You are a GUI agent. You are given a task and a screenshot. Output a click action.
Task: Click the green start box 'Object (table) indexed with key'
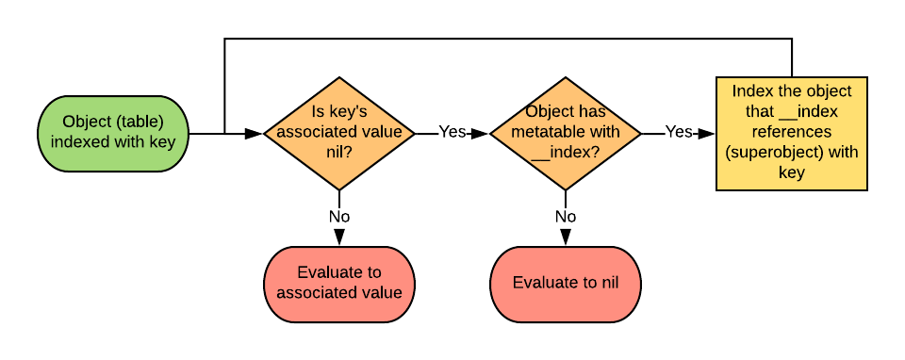pyautogui.click(x=113, y=133)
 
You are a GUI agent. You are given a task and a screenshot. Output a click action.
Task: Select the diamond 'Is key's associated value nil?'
pyautogui.click(x=339, y=133)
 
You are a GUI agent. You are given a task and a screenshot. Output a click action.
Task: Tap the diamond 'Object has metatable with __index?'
pyautogui.click(x=566, y=133)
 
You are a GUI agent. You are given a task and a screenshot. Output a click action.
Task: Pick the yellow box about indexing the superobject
pyautogui.click(x=792, y=133)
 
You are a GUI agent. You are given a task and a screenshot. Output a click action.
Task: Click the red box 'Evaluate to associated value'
pyautogui.click(x=339, y=284)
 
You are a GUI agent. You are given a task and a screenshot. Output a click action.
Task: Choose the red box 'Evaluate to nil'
pyautogui.click(x=566, y=284)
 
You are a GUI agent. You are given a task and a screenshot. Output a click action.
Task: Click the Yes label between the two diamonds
pyautogui.click(x=452, y=132)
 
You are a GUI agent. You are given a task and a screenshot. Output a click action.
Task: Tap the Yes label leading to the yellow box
pyautogui.click(x=678, y=132)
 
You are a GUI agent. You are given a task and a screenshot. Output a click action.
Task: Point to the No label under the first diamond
pyautogui.click(x=339, y=217)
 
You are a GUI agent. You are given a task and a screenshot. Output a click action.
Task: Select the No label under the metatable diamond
pyautogui.click(x=566, y=217)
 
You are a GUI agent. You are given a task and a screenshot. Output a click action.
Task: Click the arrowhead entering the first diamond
pyautogui.click(x=254, y=134)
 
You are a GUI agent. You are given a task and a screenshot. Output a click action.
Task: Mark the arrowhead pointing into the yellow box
pyautogui.click(x=706, y=134)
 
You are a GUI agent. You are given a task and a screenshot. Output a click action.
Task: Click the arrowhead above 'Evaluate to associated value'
pyautogui.click(x=339, y=237)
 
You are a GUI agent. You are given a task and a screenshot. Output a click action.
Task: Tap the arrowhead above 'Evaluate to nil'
pyautogui.click(x=566, y=237)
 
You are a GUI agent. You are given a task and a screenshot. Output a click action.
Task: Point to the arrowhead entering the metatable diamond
pyautogui.click(x=480, y=134)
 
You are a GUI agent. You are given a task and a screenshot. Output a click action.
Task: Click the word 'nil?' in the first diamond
pyautogui.click(x=339, y=152)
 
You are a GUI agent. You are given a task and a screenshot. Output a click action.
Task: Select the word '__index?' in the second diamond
pyautogui.click(x=566, y=153)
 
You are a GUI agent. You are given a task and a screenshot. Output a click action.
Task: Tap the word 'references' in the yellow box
pyautogui.click(x=792, y=132)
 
